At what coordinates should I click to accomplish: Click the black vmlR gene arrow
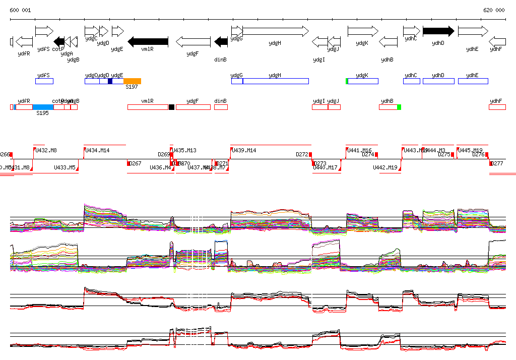(148, 41)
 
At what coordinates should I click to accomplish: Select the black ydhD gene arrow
(438, 31)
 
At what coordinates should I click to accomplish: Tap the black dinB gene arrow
(221, 41)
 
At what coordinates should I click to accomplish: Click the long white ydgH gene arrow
(275, 31)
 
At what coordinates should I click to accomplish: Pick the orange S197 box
(132, 81)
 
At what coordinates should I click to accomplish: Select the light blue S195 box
(43, 107)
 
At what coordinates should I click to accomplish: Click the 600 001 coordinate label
(20, 10)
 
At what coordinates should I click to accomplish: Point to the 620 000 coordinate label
(494, 10)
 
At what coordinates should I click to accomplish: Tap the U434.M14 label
(97, 150)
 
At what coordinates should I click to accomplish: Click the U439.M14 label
(244, 150)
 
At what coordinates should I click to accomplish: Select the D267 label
(135, 163)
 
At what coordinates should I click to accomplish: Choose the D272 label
(302, 154)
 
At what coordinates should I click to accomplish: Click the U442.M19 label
(385, 167)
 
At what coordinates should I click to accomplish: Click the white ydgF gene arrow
(192, 41)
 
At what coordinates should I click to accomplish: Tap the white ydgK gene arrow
(362, 31)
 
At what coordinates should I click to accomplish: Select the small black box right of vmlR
(171, 107)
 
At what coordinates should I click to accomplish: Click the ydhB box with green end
(390, 107)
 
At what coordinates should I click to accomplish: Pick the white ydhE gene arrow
(473, 31)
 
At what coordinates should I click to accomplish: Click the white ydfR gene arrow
(24, 41)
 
